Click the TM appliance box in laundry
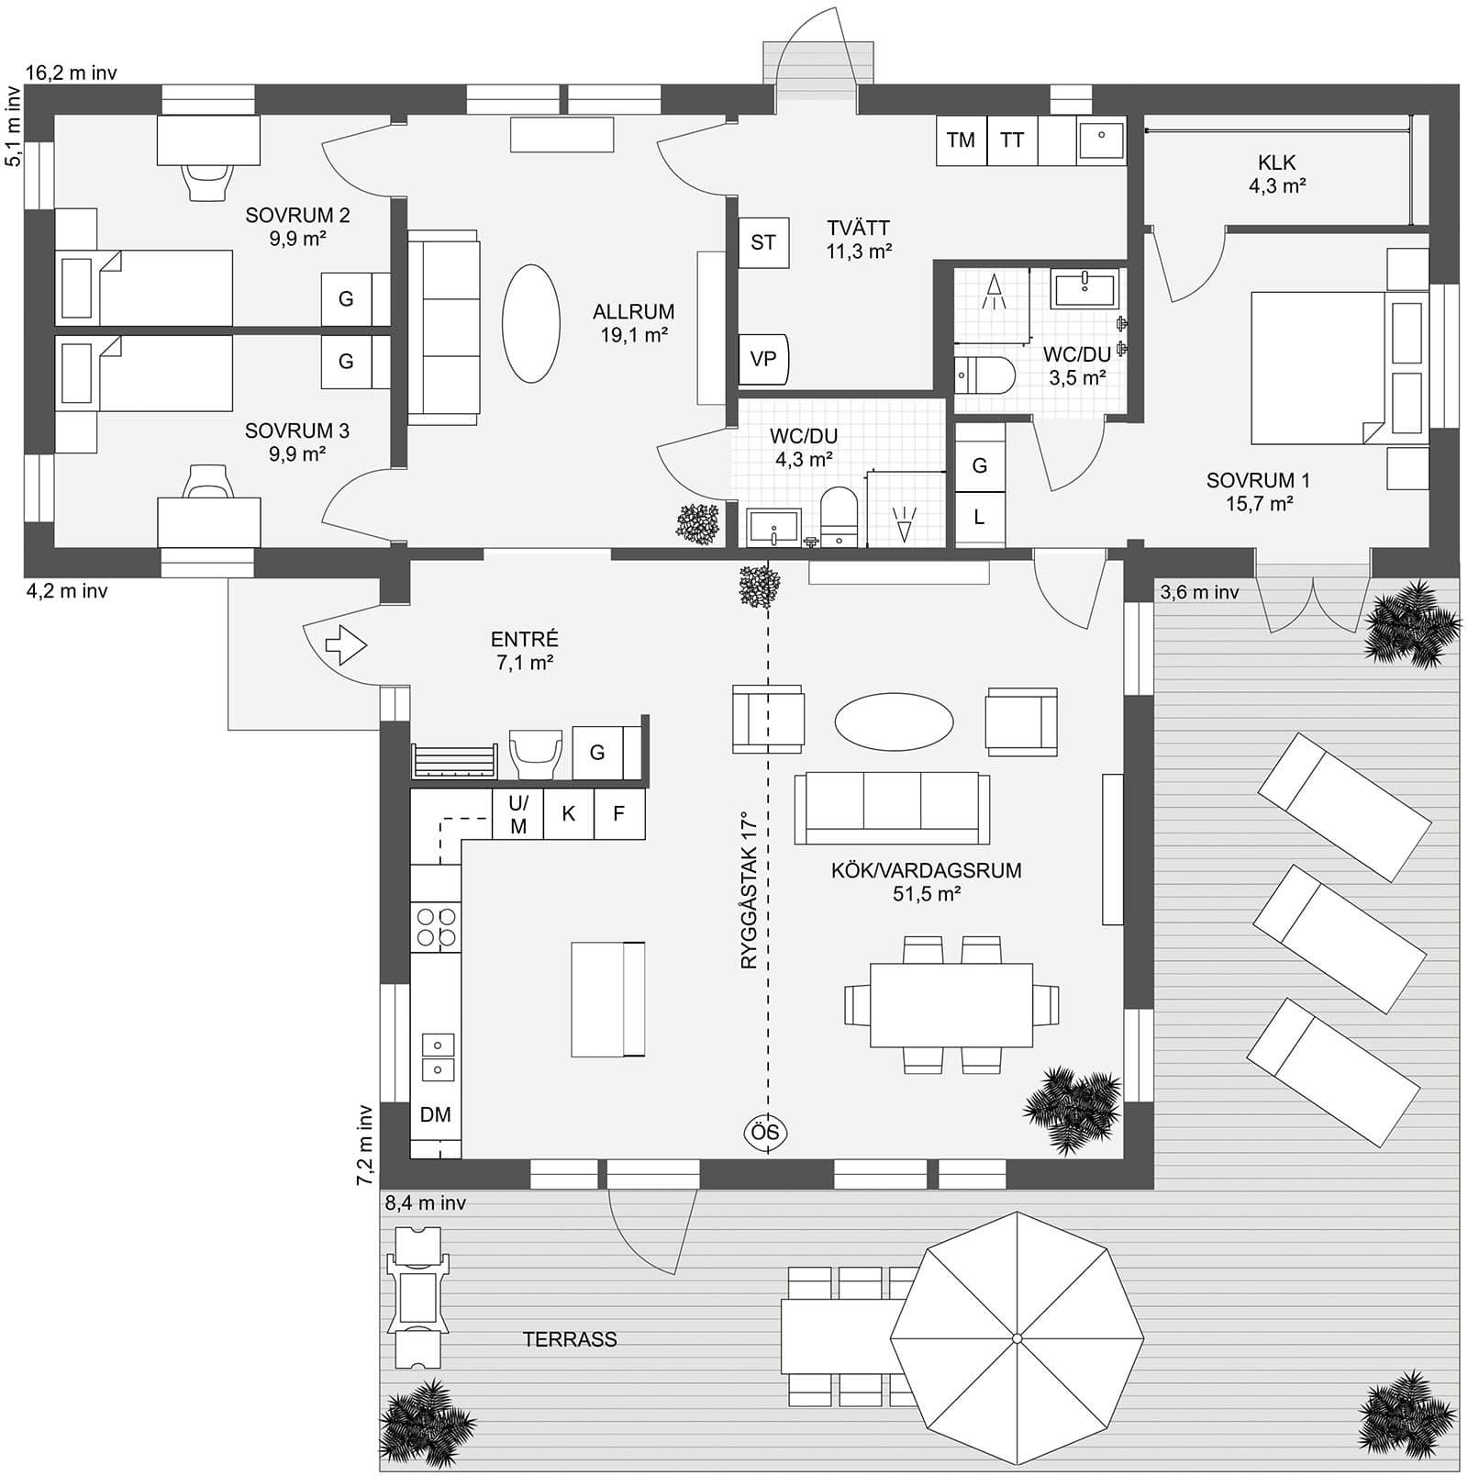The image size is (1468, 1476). tap(961, 140)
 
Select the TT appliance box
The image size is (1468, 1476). tap(1012, 140)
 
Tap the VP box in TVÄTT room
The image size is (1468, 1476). tap(763, 360)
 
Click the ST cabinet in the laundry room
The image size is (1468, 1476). tap(763, 242)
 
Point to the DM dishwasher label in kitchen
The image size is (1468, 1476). tap(435, 1114)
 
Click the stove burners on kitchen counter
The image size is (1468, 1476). tap(436, 926)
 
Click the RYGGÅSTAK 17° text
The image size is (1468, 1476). tap(751, 889)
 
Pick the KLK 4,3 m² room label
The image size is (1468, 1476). tap(1276, 173)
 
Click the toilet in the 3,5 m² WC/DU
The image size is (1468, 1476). tap(986, 375)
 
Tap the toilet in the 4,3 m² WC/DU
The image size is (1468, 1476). tap(838, 518)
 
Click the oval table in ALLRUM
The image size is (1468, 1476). tap(530, 323)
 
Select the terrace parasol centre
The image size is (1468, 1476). tap(1017, 1338)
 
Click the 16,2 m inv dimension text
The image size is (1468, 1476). tap(71, 73)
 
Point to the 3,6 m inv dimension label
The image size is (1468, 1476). tap(1199, 593)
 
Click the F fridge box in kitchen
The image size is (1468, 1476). tap(619, 813)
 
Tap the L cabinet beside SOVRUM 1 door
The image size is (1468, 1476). tap(979, 517)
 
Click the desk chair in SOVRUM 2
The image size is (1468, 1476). tap(206, 180)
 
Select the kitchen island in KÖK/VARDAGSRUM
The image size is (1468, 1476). tap(607, 999)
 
